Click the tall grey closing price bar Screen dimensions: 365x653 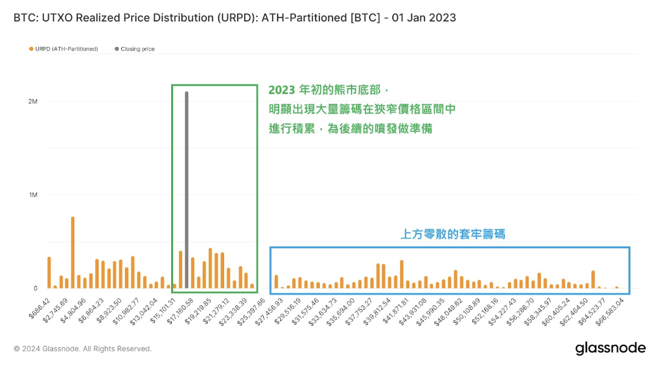click(x=186, y=189)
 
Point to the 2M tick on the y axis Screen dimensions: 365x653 click(x=32, y=102)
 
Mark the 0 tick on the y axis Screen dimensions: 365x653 click(x=35, y=288)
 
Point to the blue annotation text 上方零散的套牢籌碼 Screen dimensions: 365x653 click(x=453, y=234)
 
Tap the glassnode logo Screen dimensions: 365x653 click(x=610, y=348)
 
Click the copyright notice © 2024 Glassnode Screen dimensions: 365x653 click(x=82, y=349)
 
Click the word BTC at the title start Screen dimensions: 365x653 click(x=24, y=18)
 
